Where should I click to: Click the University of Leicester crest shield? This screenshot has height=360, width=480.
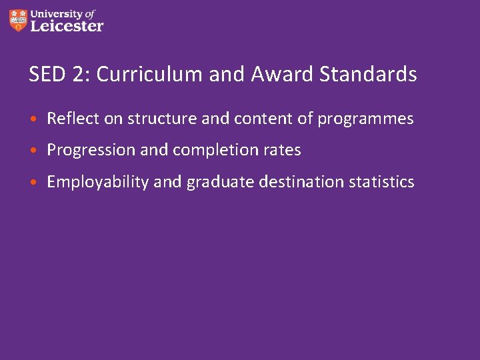click(19, 20)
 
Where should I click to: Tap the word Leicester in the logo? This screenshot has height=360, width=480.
click(67, 26)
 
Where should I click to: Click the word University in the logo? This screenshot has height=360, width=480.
click(57, 13)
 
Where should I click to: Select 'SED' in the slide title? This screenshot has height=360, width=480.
click(43, 74)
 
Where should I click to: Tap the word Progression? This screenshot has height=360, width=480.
click(91, 151)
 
